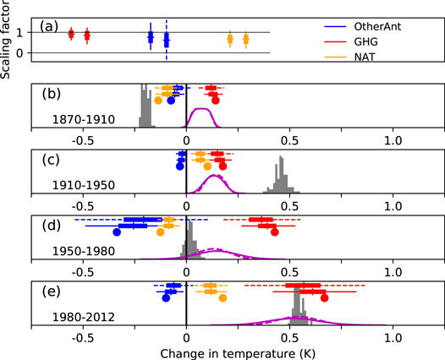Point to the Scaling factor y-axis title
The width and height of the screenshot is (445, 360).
pyautogui.click(x=8, y=40)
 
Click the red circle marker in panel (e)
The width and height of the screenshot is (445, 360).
pyautogui.click(x=323, y=297)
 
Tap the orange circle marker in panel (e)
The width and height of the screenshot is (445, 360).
pyautogui.click(x=222, y=297)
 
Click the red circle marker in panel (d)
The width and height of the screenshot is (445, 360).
pyautogui.click(x=274, y=232)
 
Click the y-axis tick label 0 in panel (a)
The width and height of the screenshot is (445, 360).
pyautogui.click(x=31, y=53)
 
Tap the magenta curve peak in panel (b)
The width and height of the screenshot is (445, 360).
pyautogui.click(x=201, y=109)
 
